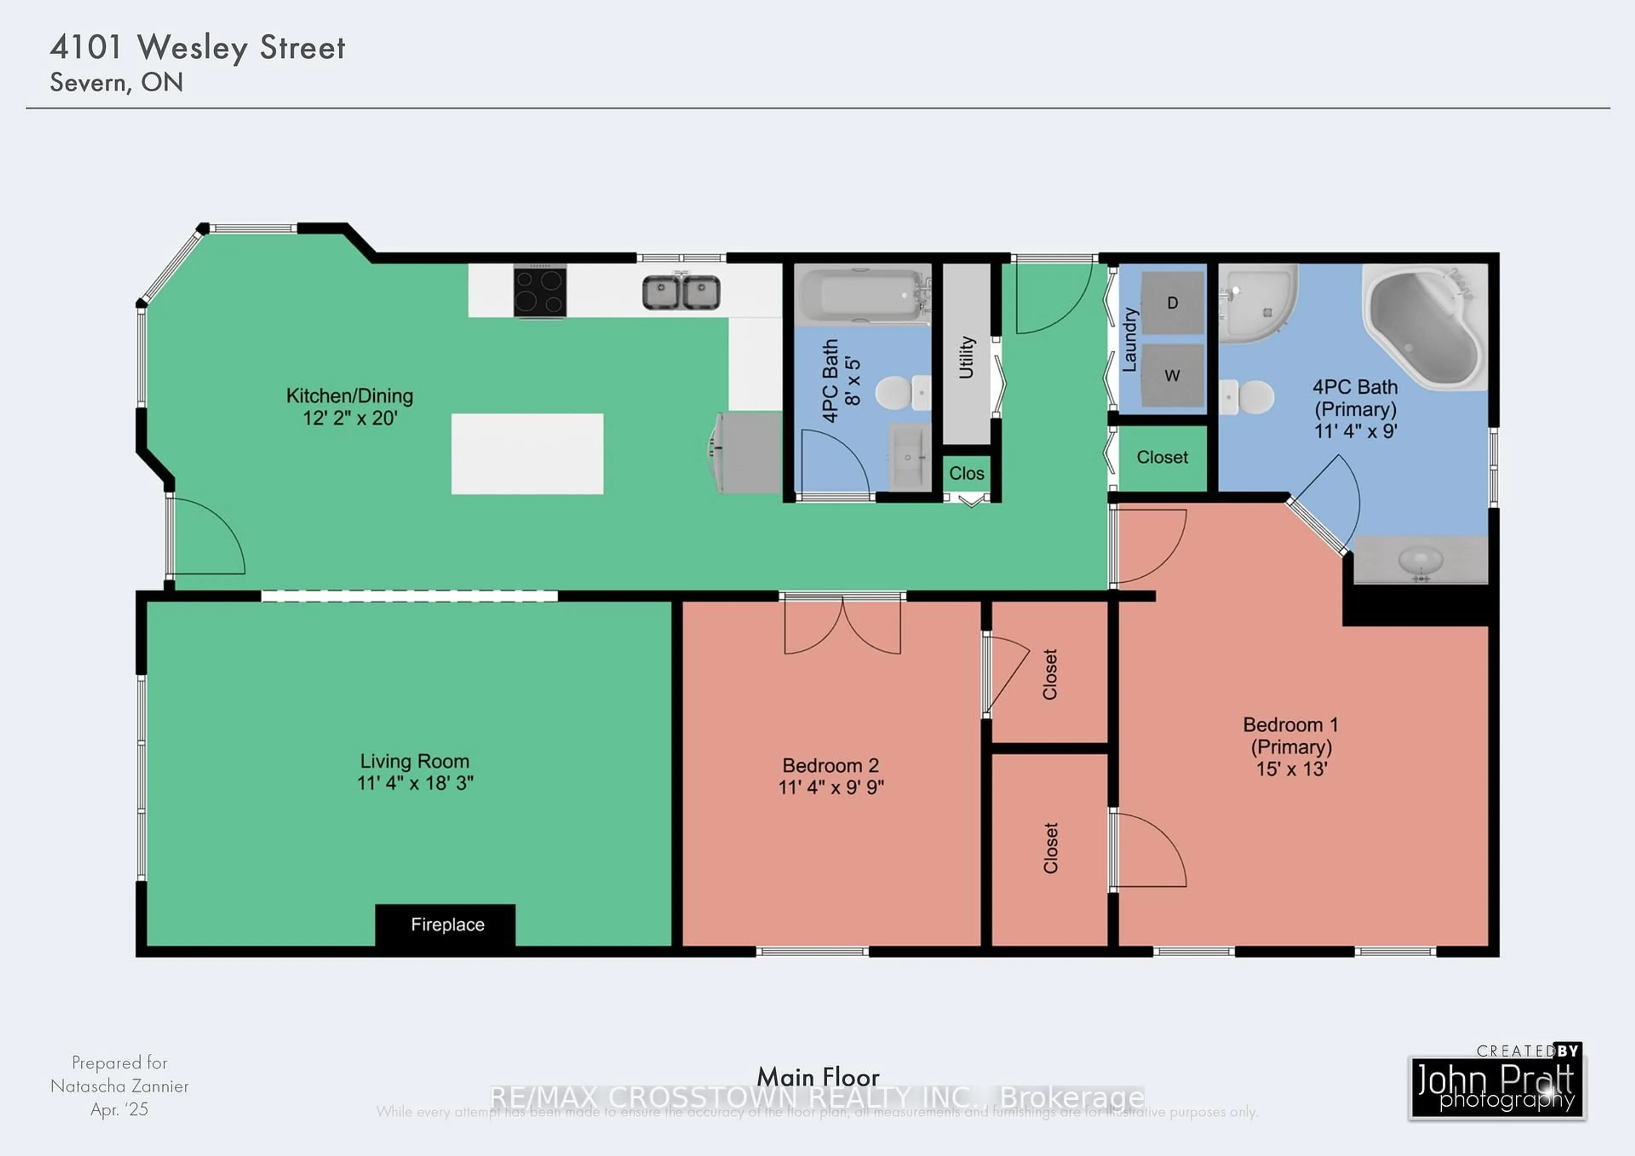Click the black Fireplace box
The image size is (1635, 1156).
coord(446,925)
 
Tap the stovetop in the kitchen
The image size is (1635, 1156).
coord(540,290)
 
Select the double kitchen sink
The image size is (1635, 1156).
coord(681,293)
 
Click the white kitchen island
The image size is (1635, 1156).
coord(527,454)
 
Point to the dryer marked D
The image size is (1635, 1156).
coord(1172,303)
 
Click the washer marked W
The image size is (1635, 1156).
coord(1172,375)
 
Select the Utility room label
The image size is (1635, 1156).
coord(967,356)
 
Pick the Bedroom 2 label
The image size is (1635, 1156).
coord(830,766)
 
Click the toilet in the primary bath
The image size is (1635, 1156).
coord(1248,397)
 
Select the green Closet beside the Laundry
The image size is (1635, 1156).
coord(1162,457)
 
